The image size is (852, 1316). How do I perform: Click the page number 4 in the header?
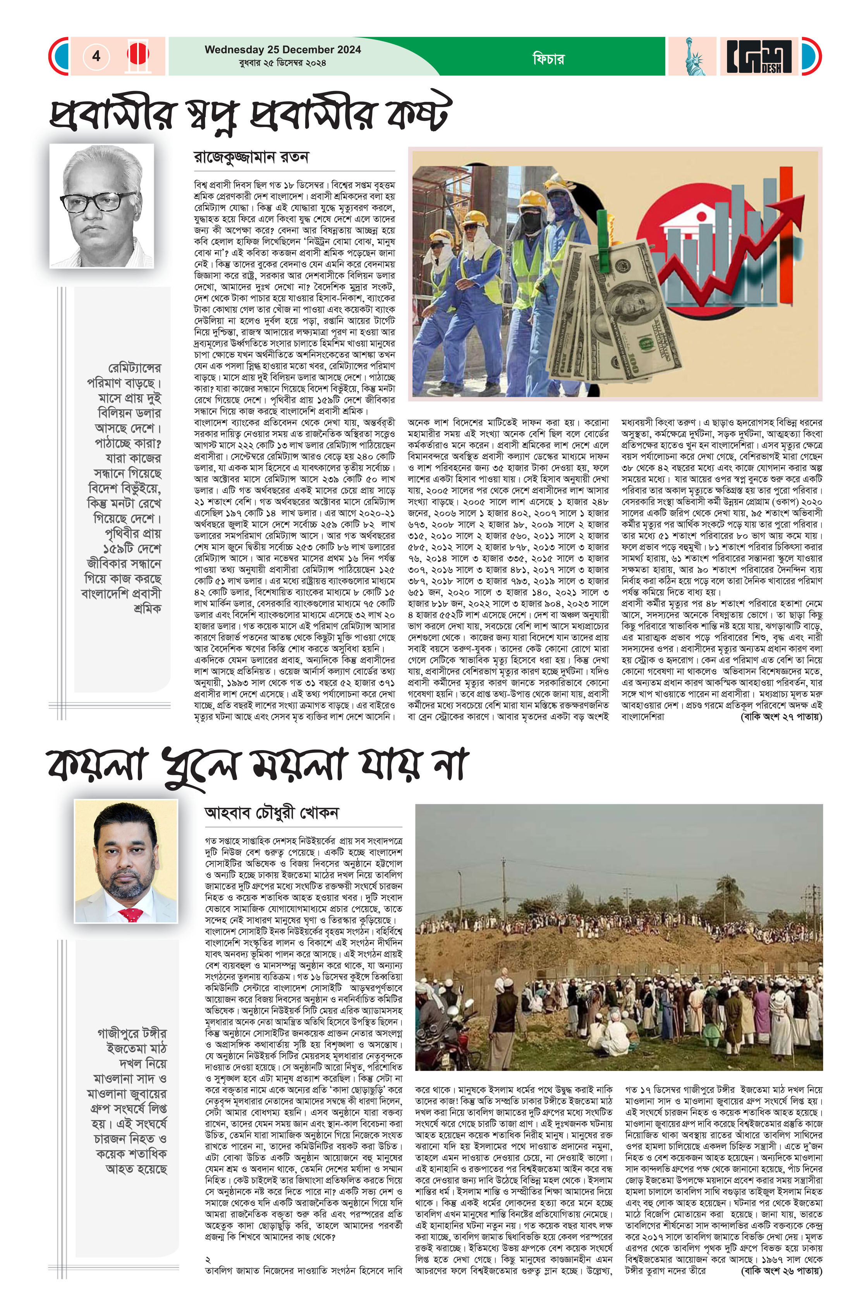click(x=96, y=56)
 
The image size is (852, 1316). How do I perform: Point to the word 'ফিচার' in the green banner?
click(x=548, y=58)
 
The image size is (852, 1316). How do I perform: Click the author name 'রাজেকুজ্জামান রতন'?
click(x=251, y=158)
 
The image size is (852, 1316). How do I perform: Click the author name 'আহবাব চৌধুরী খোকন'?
click(x=271, y=813)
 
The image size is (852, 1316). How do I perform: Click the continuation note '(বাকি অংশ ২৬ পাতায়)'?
click(x=781, y=1271)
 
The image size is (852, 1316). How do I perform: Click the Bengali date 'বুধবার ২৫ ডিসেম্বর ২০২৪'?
click(x=283, y=63)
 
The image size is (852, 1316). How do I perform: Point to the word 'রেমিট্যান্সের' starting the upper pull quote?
click(x=134, y=368)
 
